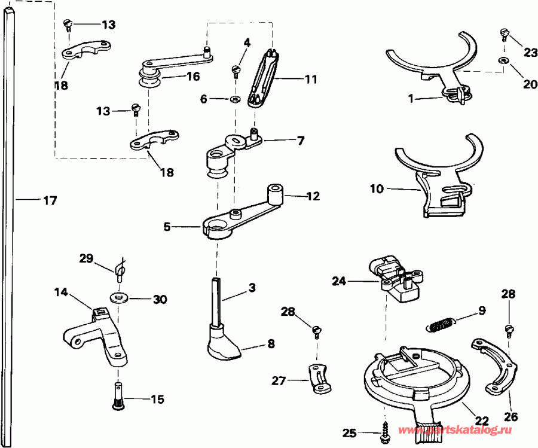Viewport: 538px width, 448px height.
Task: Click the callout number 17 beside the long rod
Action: pyautogui.click(x=50, y=201)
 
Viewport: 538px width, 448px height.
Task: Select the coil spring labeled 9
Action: pyautogui.click(x=441, y=325)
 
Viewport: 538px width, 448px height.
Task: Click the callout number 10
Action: pyautogui.click(x=377, y=188)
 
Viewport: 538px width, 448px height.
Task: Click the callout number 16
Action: pyautogui.click(x=192, y=77)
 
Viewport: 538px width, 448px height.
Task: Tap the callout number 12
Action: pyautogui.click(x=313, y=196)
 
